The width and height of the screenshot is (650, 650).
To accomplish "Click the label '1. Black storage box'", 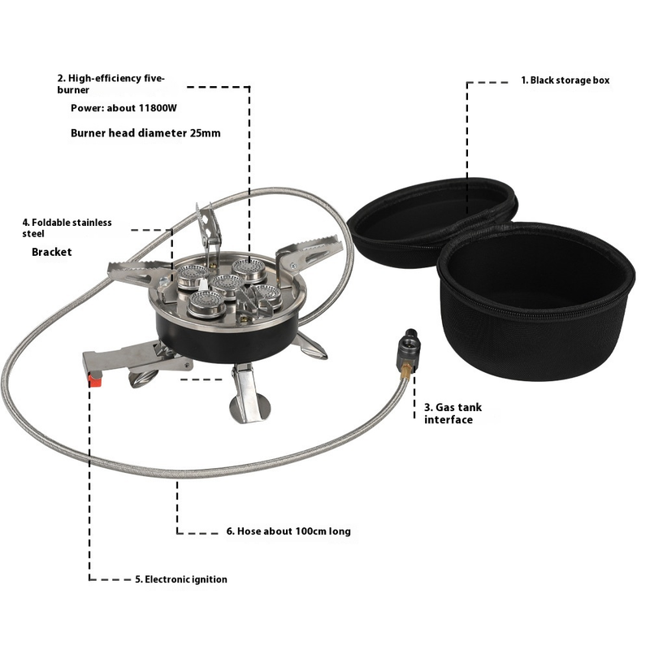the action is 565,80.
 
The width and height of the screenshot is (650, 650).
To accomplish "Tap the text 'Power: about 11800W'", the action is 123,108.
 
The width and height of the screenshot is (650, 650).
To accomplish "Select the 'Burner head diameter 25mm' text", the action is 145,133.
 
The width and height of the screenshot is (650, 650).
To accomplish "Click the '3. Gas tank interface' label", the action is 453,414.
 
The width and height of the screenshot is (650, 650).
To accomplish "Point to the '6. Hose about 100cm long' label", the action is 288,531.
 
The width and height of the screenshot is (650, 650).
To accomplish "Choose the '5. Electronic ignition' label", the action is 181,579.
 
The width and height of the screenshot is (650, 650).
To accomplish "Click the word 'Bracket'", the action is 52,252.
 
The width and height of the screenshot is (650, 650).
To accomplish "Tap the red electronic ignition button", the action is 95,380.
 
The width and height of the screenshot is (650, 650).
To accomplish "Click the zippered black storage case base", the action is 535,301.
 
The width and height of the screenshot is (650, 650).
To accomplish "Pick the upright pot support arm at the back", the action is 210,228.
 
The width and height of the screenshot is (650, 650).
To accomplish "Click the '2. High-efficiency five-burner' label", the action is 111,84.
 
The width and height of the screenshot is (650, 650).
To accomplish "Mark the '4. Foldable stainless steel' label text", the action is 67,228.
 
